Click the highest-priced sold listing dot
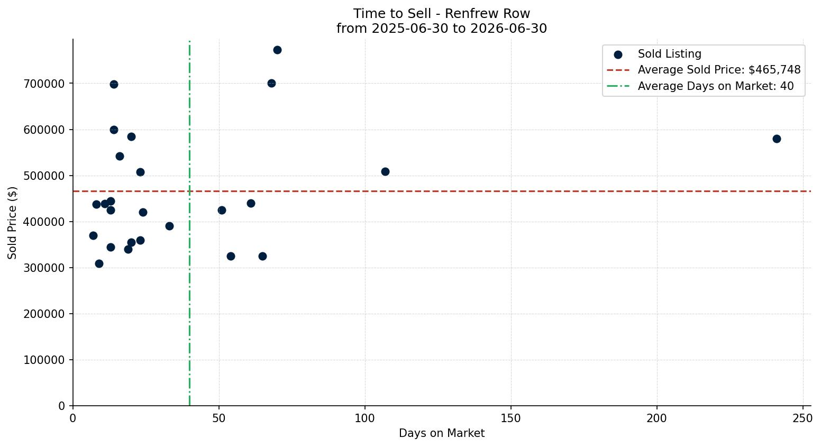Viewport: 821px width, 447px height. click(277, 50)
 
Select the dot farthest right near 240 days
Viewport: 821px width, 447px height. click(777, 139)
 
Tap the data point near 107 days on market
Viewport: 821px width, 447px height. click(385, 171)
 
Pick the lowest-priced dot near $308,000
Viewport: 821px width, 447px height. click(99, 264)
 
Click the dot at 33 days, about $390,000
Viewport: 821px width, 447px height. click(169, 226)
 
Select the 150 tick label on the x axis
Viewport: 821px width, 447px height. click(511, 418)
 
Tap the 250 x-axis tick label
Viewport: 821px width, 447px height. click(803, 418)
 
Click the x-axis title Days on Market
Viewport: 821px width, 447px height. click(442, 433)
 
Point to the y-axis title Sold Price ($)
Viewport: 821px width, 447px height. click(12, 223)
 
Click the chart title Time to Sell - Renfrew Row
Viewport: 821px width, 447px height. click(442, 14)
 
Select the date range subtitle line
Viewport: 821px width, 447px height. click(442, 28)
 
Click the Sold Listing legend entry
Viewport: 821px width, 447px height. click(658, 54)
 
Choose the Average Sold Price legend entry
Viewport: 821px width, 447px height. click(704, 70)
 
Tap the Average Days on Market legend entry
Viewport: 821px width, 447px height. click(700, 86)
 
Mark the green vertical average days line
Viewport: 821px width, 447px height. click(189, 223)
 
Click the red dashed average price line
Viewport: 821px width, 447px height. click(442, 191)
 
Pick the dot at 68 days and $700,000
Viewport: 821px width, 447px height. click(271, 83)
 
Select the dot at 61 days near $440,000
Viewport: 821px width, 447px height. click(251, 203)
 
